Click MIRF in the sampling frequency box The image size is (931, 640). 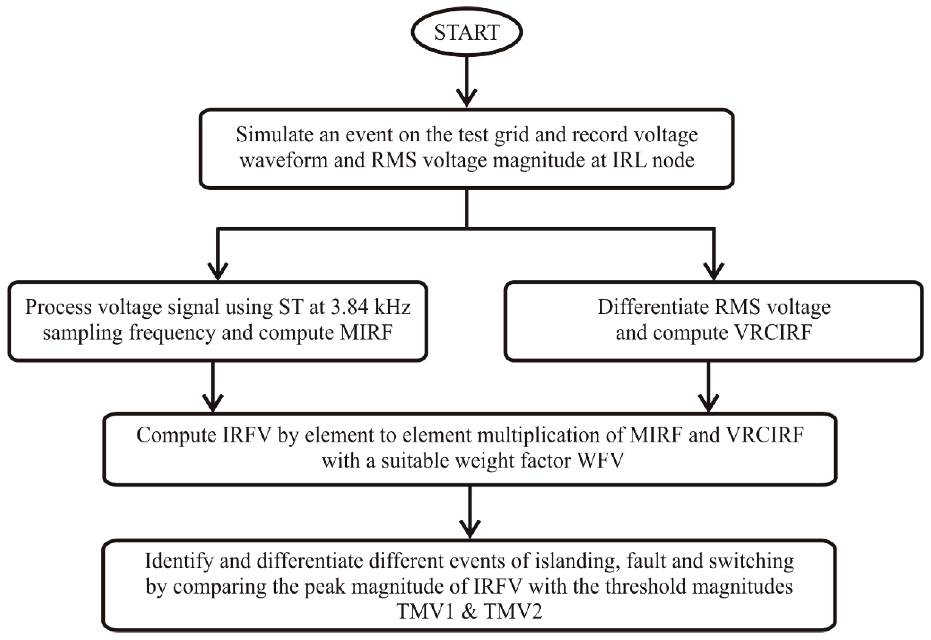coord(366,333)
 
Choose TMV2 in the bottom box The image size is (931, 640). coord(513,612)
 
